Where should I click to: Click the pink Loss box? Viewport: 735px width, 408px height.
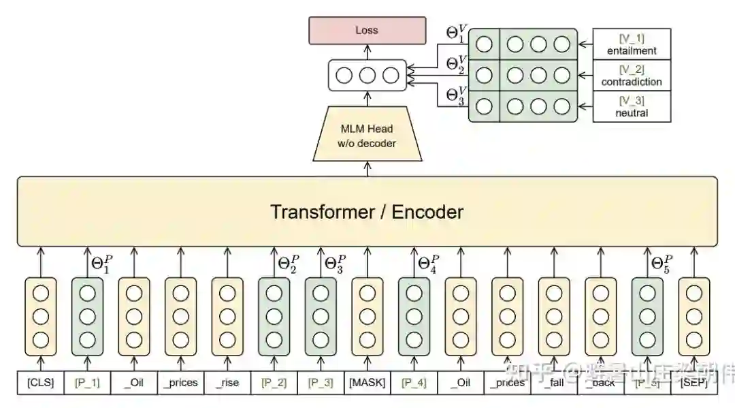click(367, 30)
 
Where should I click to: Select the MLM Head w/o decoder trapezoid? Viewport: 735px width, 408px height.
click(367, 135)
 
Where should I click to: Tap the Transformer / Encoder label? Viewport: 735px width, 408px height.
click(367, 211)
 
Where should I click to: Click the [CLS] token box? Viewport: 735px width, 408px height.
click(40, 383)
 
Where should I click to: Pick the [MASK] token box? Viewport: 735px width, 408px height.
click(367, 383)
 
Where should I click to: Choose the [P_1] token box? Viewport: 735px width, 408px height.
click(86, 383)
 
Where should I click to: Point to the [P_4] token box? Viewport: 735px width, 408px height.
click(414, 383)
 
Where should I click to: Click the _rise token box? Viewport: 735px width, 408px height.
click(227, 383)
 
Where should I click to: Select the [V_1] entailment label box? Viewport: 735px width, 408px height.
click(632, 44)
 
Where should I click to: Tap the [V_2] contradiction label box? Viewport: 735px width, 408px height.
click(632, 75)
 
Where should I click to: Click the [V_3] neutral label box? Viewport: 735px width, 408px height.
click(632, 106)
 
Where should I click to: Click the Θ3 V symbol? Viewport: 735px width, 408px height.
click(457, 93)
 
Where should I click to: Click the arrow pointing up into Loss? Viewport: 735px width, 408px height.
click(367, 51)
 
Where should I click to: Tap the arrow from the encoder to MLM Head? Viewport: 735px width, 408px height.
click(367, 168)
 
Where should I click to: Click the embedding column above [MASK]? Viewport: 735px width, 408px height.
click(367, 316)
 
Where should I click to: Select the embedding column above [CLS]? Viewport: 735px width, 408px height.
click(40, 316)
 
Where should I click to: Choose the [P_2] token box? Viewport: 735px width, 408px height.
click(274, 383)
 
